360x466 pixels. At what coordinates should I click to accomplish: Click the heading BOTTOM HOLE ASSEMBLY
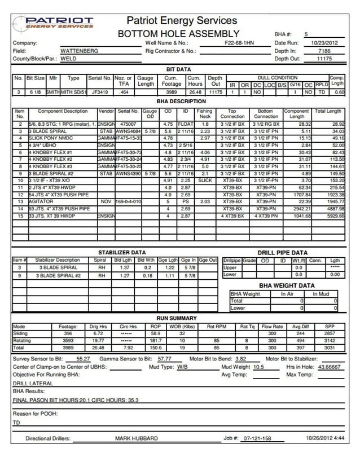click(x=178, y=34)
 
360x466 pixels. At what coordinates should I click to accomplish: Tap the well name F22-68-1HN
click(x=239, y=43)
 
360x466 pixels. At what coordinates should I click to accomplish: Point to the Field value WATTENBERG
click(x=79, y=51)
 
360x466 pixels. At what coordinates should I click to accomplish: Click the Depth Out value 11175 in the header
click(x=324, y=59)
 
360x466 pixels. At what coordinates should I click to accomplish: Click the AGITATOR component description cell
click(x=39, y=201)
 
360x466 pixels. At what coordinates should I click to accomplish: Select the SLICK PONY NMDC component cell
click(x=49, y=138)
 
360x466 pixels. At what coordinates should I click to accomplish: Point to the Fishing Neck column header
click(x=204, y=114)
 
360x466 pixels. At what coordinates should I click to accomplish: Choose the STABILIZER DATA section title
click(x=122, y=253)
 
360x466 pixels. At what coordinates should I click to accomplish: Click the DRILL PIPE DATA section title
click(x=283, y=253)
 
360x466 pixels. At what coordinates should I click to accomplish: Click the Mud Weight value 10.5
click(x=258, y=367)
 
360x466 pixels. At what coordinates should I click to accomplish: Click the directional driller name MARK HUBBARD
click(x=136, y=438)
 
